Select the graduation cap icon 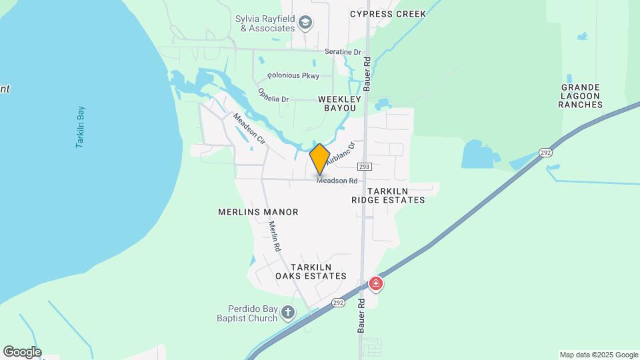(x=306, y=23)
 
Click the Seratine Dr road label (x=343, y=51)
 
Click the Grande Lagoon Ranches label (x=581, y=96)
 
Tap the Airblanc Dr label (x=341, y=151)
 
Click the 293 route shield (x=364, y=166)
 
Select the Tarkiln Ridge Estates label (x=388, y=195)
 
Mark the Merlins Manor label (x=258, y=212)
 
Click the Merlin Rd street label (x=274, y=236)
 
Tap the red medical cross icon (x=376, y=284)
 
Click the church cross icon (x=288, y=312)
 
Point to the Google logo (x=22, y=351)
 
